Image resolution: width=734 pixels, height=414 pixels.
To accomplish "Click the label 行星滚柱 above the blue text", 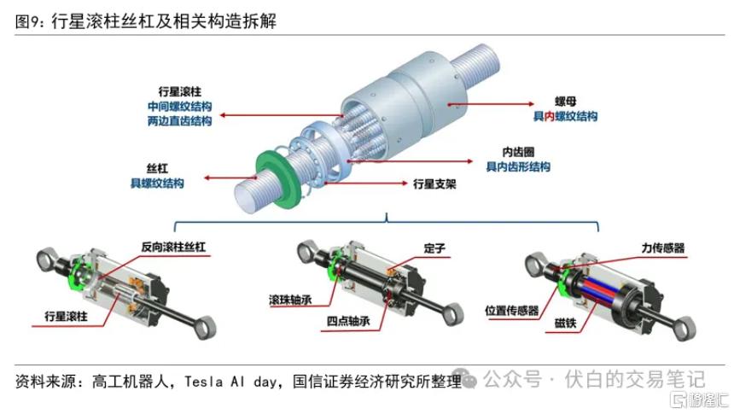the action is point(180,91).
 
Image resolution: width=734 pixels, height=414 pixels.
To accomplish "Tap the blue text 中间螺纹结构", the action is point(180,107).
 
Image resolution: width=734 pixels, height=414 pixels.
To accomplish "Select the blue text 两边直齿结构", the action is point(180,121).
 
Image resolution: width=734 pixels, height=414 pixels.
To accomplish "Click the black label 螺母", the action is point(566,102).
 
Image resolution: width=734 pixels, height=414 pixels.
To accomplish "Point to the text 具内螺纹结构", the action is point(566,116).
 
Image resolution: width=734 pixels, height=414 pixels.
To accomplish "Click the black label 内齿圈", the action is point(518,152).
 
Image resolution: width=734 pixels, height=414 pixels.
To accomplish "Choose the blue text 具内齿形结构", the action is point(518,166).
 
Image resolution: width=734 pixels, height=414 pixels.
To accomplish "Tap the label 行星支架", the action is point(434,184).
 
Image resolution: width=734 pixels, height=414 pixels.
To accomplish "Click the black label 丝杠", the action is point(157,168).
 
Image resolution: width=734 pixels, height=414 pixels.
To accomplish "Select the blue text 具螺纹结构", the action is point(157,184).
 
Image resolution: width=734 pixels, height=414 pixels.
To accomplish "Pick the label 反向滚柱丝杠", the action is point(173,247).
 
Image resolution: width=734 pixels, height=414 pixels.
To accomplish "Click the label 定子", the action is point(434,248).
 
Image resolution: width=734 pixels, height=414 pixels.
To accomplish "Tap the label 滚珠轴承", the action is point(290,300).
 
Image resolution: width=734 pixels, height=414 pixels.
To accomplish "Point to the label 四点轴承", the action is point(348,321).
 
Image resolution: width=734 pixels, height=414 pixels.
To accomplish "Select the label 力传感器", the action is point(663,248).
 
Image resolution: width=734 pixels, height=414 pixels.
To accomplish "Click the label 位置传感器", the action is point(511,310).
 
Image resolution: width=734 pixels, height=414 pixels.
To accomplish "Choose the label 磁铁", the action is point(566,323).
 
